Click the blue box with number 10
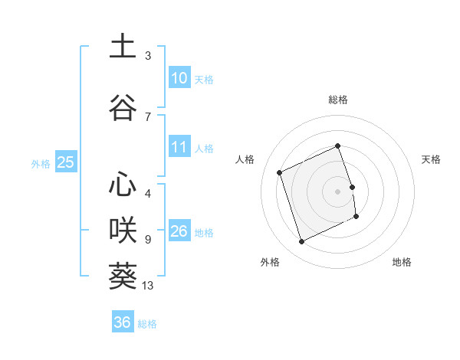179,77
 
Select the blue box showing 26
179,231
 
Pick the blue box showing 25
65,162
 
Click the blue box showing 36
122,322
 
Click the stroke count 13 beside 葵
149,286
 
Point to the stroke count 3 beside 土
148,56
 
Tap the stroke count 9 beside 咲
148,240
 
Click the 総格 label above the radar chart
338,100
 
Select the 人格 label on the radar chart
245,159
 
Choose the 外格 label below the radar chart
270,262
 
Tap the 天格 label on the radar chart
432,159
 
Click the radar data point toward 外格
301,242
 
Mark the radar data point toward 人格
280,172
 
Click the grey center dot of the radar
338,191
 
